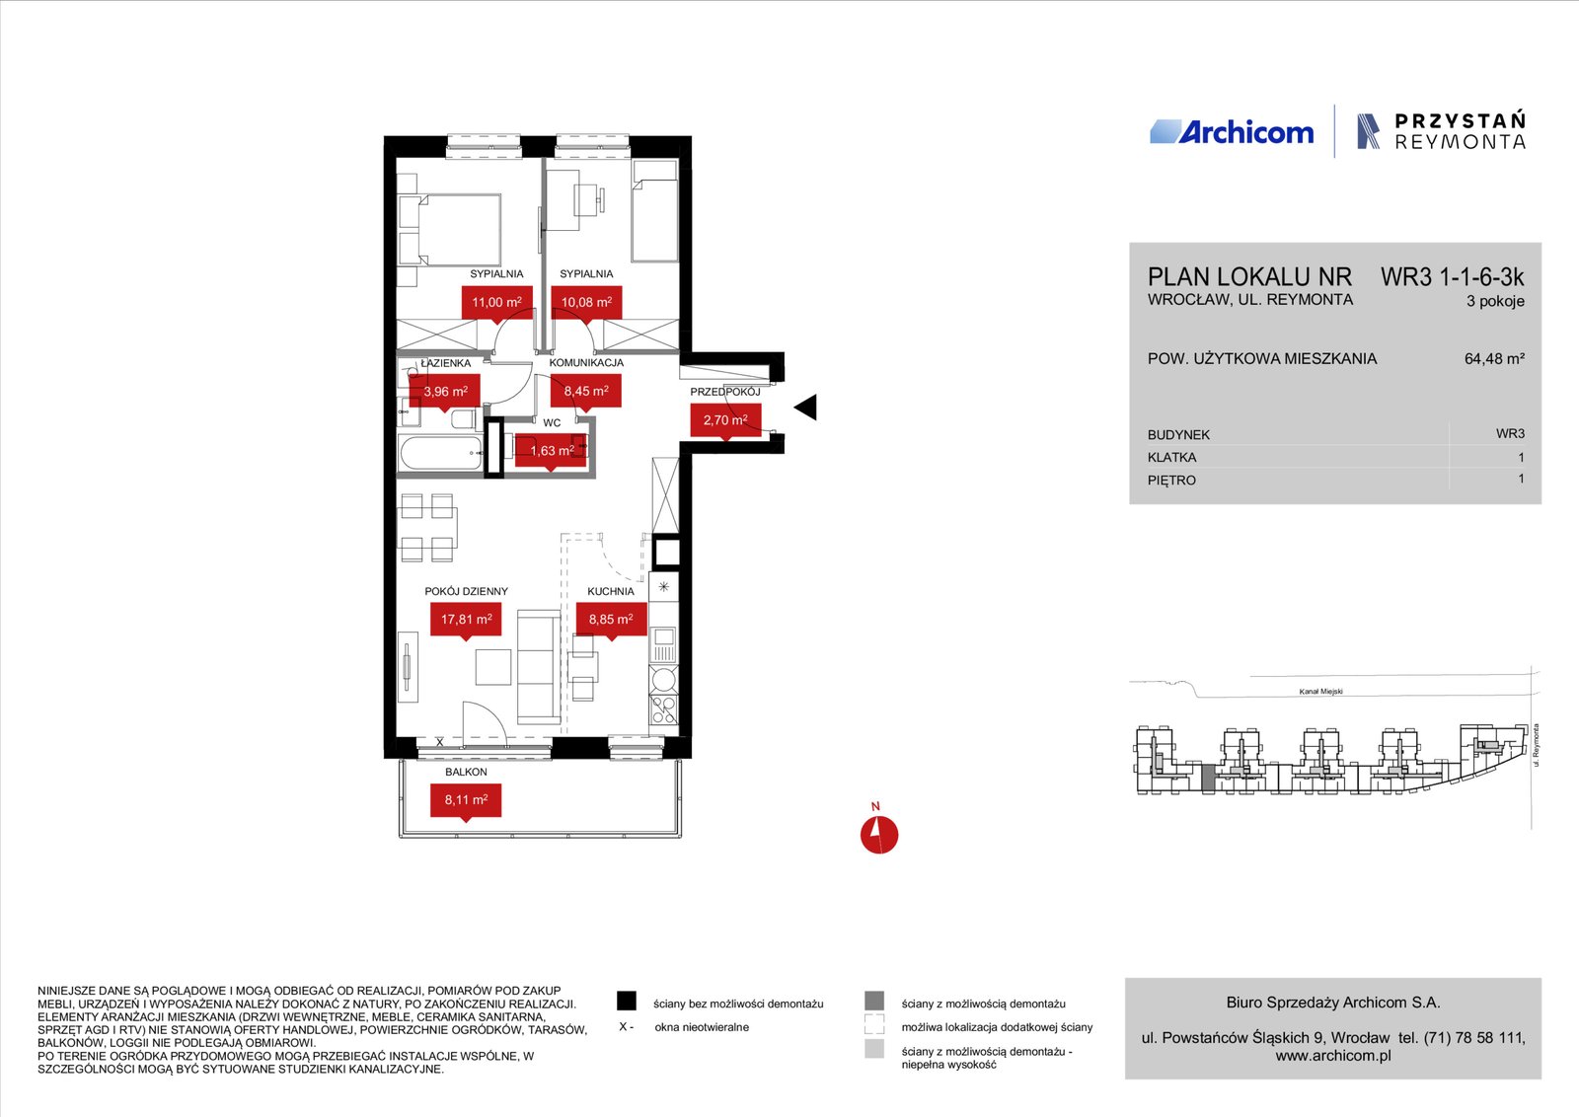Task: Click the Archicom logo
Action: (x=1232, y=132)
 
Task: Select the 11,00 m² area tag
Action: (x=497, y=303)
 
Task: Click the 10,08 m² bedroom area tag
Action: (x=586, y=303)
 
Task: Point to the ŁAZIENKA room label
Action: (x=445, y=363)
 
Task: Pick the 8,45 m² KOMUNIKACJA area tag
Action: (x=586, y=392)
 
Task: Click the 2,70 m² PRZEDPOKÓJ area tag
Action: (x=725, y=420)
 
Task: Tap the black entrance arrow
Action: (x=806, y=407)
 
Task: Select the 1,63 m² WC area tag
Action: (x=551, y=451)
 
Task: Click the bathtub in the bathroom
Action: (x=442, y=453)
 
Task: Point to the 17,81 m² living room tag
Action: (x=466, y=620)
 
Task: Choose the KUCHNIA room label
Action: (x=611, y=591)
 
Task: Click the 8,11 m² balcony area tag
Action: (x=466, y=800)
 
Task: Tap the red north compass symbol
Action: (x=879, y=835)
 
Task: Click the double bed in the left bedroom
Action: (x=450, y=230)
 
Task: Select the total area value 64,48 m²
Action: (x=1494, y=359)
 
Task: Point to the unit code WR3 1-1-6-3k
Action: (x=1452, y=277)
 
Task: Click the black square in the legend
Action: (x=627, y=1001)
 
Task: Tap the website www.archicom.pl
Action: (x=1333, y=1056)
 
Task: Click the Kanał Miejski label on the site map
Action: (x=1321, y=692)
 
